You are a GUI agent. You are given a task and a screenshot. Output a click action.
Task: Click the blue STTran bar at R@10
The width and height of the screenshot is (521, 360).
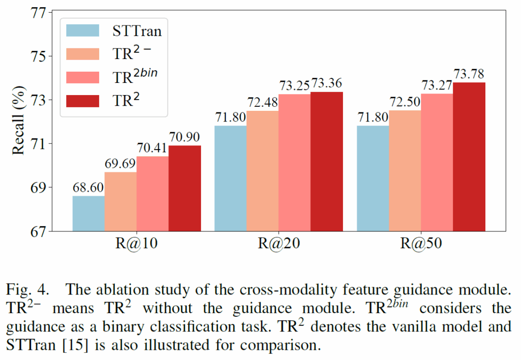pos(89,214)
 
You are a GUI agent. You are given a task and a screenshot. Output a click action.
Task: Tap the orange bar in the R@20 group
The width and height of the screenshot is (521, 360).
pos(263,171)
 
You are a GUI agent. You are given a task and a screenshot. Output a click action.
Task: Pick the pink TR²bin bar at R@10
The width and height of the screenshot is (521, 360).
pos(153,194)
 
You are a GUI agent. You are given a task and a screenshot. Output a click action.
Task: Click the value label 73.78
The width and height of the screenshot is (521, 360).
pos(469,75)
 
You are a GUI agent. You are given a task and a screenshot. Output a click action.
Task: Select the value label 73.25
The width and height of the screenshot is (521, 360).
pos(295,86)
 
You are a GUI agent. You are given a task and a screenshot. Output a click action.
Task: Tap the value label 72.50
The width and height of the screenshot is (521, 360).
pos(405,103)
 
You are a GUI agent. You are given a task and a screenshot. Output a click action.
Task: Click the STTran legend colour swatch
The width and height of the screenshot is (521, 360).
pos(82,30)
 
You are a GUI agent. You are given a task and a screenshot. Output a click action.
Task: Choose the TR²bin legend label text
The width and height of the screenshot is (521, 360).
pos(135,76)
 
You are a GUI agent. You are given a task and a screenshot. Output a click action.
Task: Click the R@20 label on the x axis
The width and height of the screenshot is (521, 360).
pos(279,244)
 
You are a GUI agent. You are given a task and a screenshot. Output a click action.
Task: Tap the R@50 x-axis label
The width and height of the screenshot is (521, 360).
pos(421,244)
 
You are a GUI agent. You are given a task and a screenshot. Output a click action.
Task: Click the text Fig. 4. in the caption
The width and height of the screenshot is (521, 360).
pos(28,290)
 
